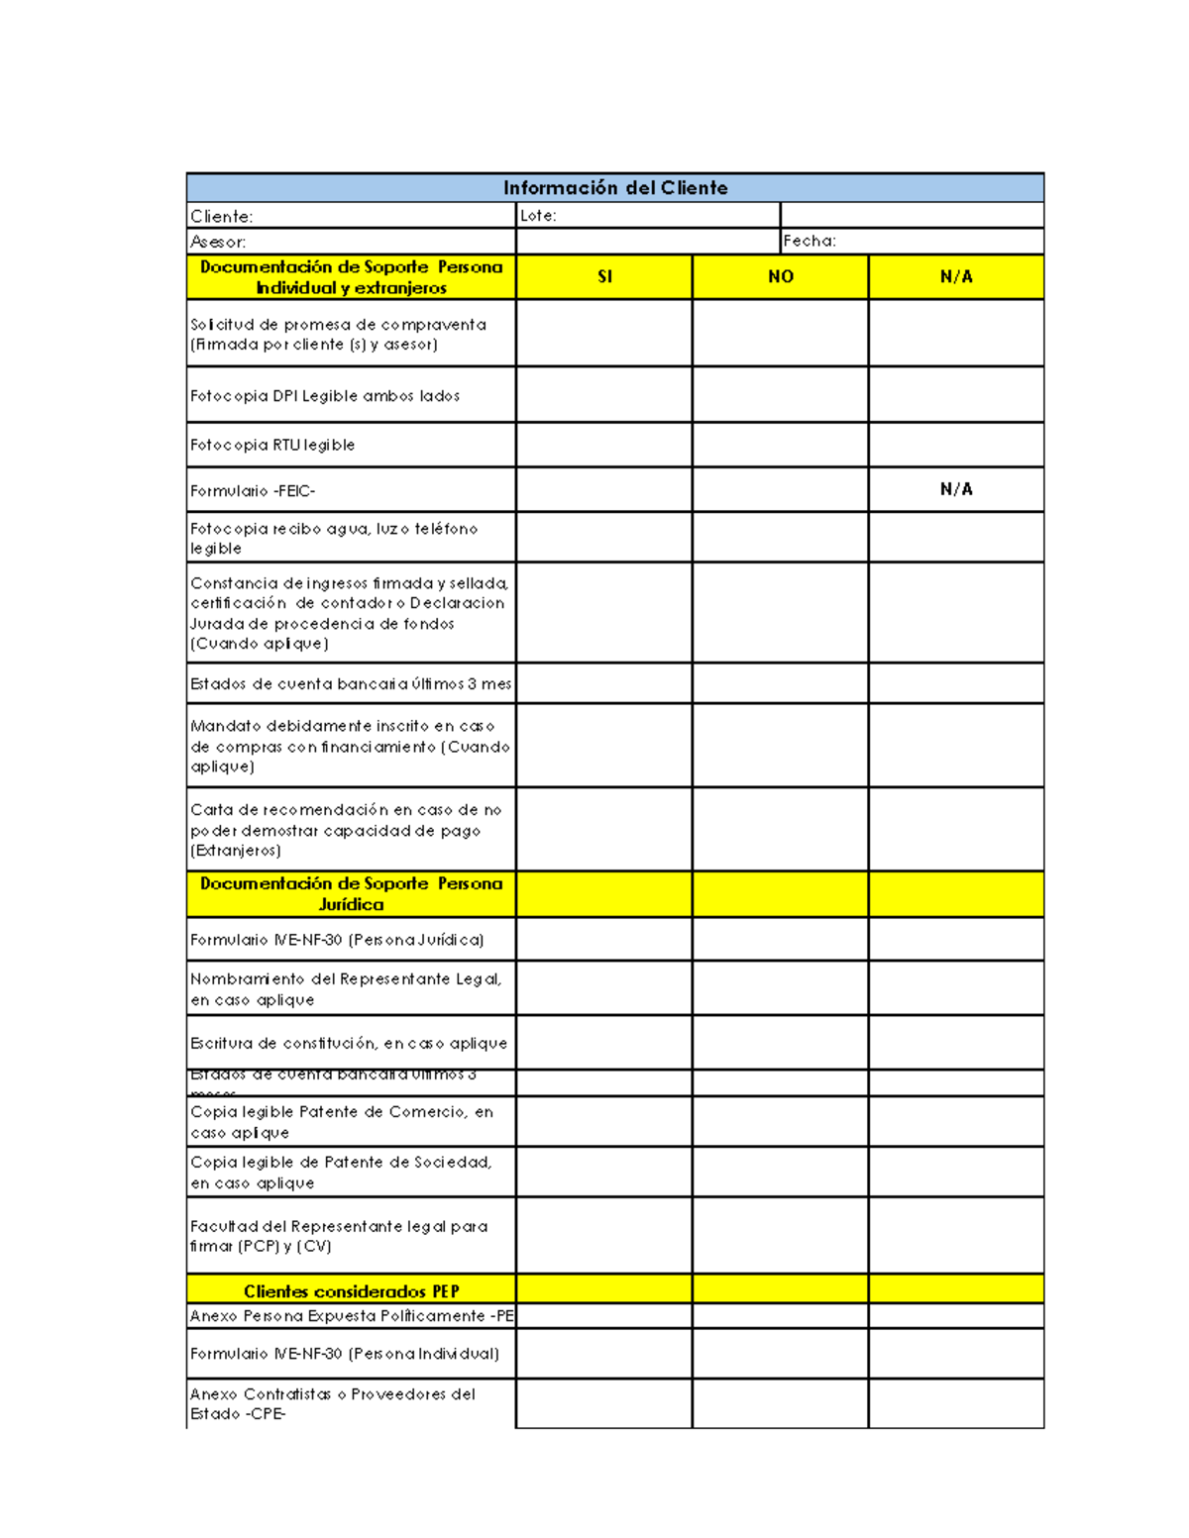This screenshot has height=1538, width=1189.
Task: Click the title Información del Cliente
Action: point(615,188)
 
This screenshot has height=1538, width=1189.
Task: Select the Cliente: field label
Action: point(222,216)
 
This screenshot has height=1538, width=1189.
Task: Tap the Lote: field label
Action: point(538,216)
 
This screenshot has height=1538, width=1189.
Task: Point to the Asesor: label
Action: point(218,242)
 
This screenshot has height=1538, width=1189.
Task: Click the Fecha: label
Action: point(810,241)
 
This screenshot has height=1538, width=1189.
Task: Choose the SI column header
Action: point(604,277)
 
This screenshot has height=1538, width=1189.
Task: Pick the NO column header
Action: point(781,277)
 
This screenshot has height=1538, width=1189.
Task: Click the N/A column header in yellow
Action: point(956,277)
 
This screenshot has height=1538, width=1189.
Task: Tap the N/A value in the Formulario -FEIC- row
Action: point(956,489)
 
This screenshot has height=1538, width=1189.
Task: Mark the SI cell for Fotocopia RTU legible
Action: point(604,446)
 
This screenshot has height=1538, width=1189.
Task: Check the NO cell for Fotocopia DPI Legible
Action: point(781,395)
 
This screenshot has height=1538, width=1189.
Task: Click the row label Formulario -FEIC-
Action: point(253,491)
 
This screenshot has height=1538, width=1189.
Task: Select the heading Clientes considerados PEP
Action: point(352,1291)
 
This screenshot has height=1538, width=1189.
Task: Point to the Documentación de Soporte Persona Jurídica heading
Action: point(352,893)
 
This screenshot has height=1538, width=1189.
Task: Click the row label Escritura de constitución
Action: point(349,1044)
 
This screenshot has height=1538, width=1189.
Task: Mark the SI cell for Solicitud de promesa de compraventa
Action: point(604,334)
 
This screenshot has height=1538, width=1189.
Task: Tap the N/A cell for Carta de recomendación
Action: point(956,830)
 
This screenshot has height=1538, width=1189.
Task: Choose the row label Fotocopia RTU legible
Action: point(272,446)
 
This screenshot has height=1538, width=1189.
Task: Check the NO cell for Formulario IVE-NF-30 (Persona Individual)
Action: point(781,1354)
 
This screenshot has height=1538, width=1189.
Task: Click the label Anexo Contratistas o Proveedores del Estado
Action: point(333,1404)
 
